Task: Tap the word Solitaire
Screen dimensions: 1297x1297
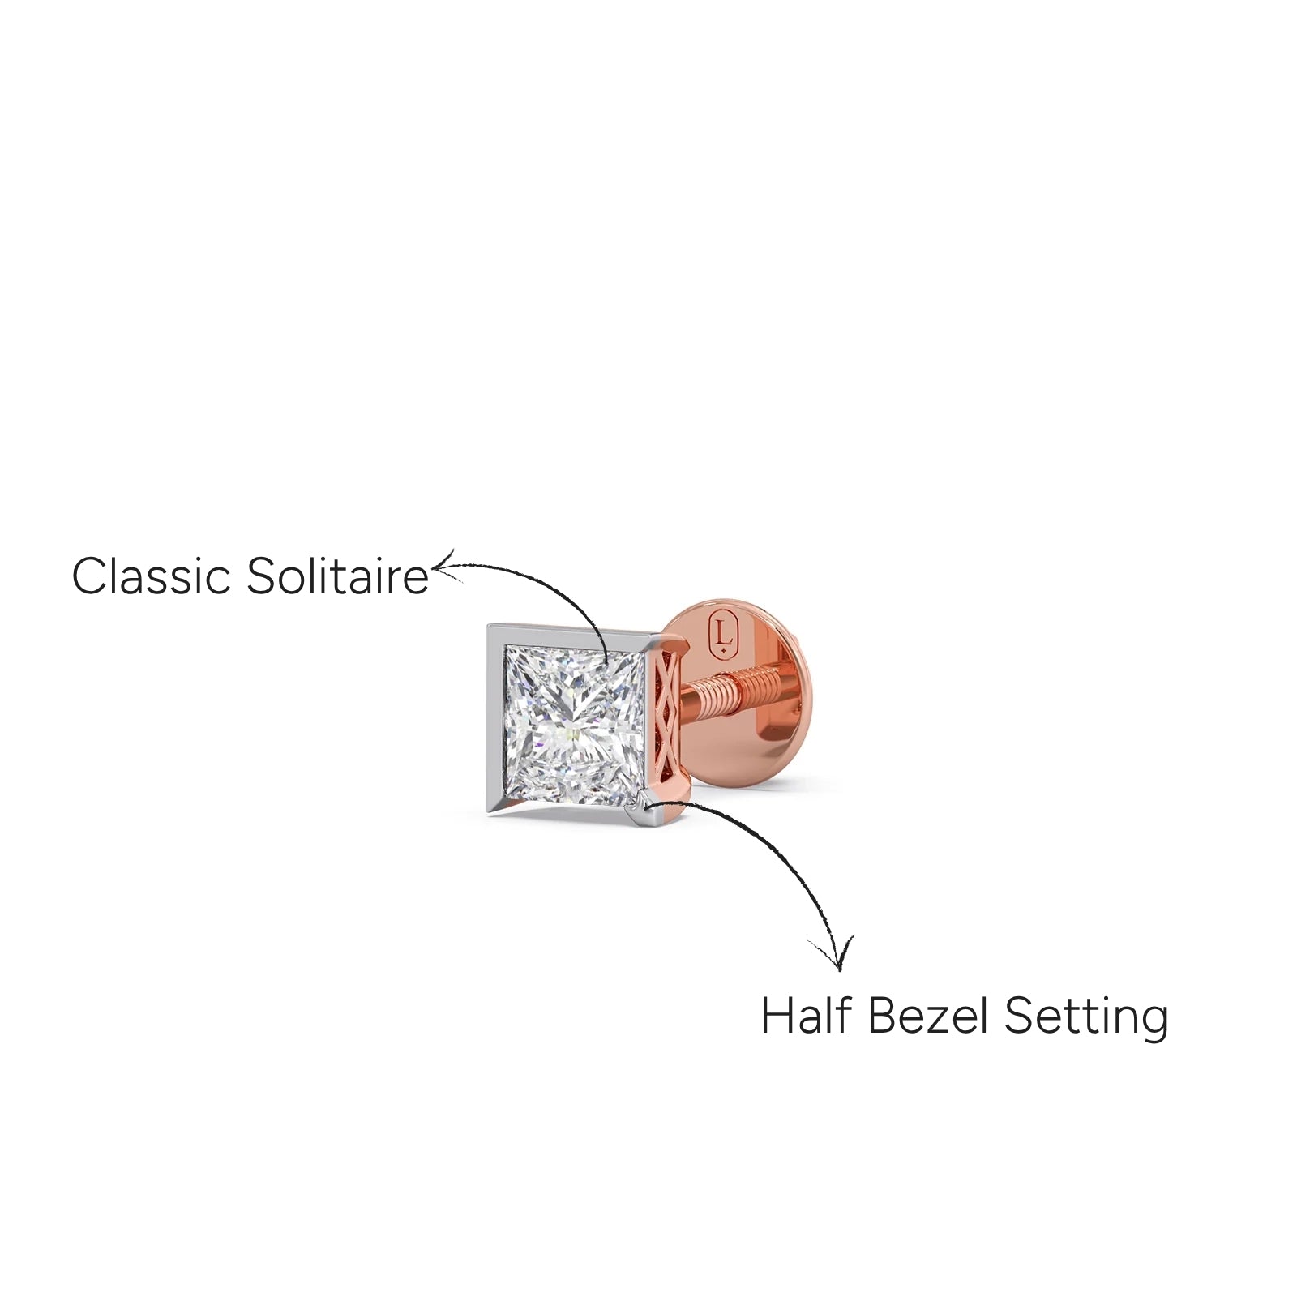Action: click(337, 576)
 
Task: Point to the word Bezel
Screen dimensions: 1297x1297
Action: click(927, 1015)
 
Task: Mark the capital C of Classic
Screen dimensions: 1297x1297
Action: click(91, 576)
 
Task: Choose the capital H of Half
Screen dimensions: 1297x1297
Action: click(777, 1015)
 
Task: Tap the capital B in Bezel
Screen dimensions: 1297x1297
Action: click(883, 1015)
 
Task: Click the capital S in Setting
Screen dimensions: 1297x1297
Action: click(1018, 1015)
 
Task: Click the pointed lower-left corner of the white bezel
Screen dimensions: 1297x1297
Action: click(489, 814)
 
